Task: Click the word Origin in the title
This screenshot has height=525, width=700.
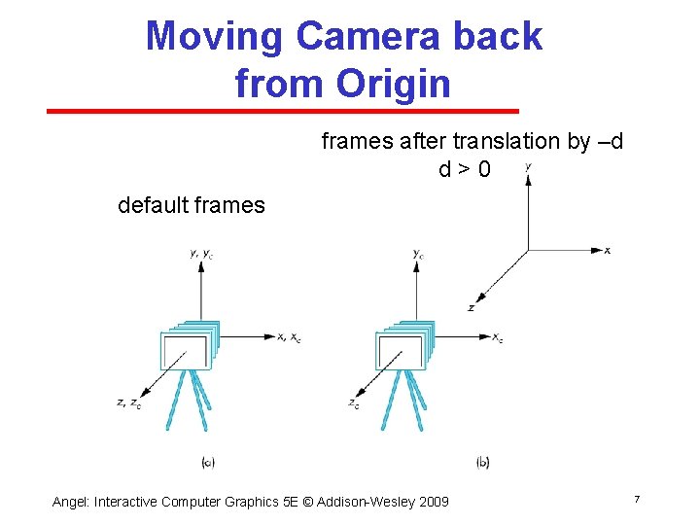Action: pyautogui.click(x=393, y=84)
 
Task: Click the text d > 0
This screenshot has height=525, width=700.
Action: pyautogui.click(x=464, y=169)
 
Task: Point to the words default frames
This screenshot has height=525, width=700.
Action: pyautogui.click(x=191, y=205)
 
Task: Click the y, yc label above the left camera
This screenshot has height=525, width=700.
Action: pyautogui.click(x=201, y=254)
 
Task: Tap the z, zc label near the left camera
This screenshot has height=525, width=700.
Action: pyautogui.click(x=128, y=402)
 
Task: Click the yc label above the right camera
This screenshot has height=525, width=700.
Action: pyautogui.click(x=418, y=255)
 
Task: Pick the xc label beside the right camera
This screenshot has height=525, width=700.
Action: pyautogui.click(x=497, y=337)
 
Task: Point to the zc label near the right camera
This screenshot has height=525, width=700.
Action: pyautogui.click(x=353, y=402)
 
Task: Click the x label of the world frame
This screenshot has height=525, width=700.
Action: pyautogui.click(x=608, y=251)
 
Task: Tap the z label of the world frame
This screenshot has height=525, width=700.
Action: pyautogui.click(x=471, y=307)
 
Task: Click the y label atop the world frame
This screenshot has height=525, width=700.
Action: pyautogui.click(x=528, y=166)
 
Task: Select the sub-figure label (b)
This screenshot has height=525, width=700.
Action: pyautogui.click(x=483, y=462)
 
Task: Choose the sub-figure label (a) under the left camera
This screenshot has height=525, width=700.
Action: pyautogui.click(x=207, y=462)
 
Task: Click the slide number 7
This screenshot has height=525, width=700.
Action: pyautogui.click(x=636, y=499)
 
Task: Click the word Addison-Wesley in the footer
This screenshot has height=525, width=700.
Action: pyautogui.click(x=360, y=502)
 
